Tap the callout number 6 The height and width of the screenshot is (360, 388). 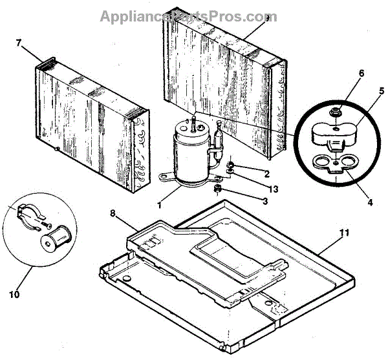click(361, 73)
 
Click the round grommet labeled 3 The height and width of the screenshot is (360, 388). click(218, 189)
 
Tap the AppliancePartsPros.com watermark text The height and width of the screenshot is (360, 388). click(188, 16)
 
